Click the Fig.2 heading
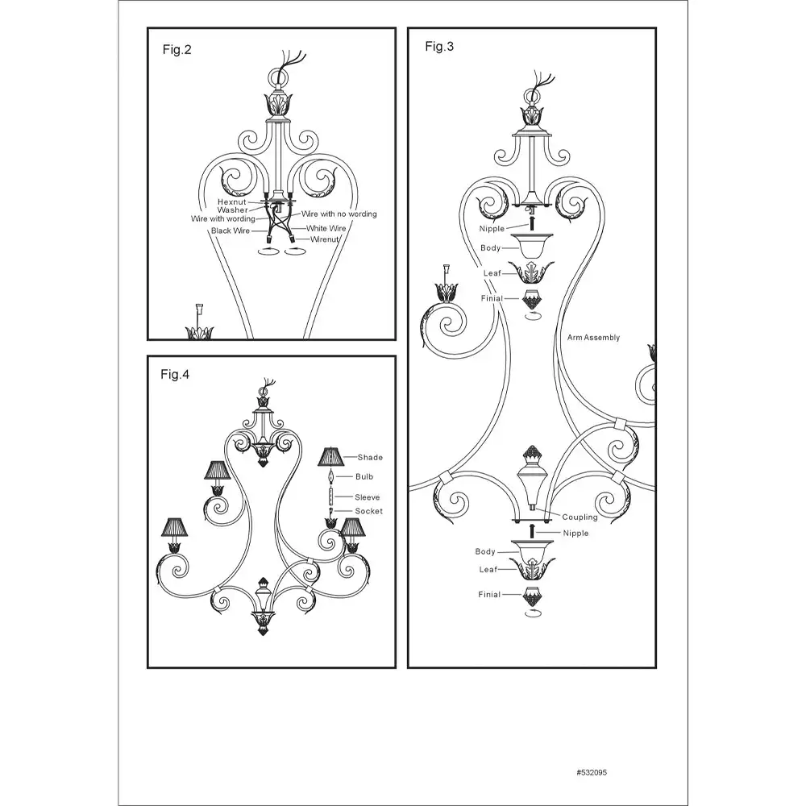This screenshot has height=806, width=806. point(177,50)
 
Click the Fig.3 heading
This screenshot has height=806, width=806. point(439,47)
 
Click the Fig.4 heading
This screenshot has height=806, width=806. point(175,375)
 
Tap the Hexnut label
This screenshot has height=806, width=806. point(232,202)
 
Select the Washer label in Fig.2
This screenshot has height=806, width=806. point(232,210)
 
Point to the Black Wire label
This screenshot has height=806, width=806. point(231,231)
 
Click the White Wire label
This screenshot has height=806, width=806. point(326,228)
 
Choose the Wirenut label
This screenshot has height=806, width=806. point(325,239)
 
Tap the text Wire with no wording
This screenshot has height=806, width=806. point(339,214)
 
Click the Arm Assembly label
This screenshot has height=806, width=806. point(594,337)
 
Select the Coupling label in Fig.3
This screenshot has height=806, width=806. point(580,517)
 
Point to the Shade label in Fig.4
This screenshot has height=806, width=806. point(370,457)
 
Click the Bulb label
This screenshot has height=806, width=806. point(364,476)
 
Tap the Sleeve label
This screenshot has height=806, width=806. point(368,497)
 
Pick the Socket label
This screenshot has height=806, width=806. point(369,511)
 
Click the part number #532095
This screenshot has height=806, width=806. point(592,773)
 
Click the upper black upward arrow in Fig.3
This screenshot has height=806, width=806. point(532,222)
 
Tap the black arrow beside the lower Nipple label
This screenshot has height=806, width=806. point(532,531)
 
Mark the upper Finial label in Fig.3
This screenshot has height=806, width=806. point(492,298)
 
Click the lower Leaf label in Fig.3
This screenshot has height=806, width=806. point(488,570)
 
